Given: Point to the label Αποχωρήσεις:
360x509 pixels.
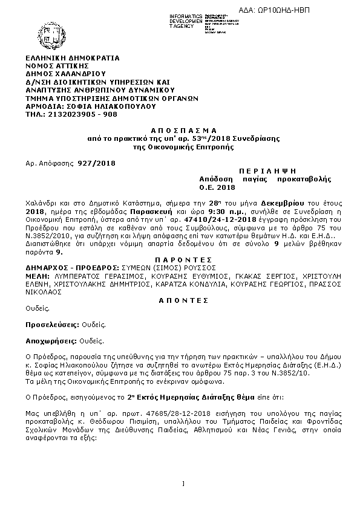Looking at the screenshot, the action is coord(46,340).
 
